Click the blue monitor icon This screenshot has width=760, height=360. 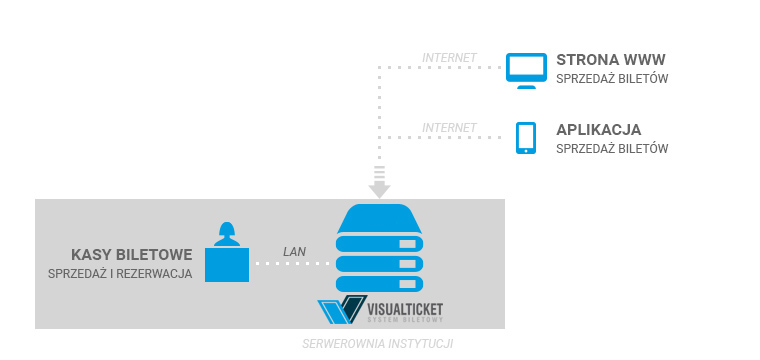point(524,68)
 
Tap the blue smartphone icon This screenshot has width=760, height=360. point(525,138)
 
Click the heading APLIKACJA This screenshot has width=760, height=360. point(598,129)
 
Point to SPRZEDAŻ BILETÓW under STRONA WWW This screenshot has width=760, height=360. point(611,78)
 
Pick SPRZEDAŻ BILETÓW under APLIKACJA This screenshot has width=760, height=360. point(611,149)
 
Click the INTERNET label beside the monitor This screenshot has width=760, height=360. point(449,57)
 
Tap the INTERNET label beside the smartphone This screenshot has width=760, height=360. point(449,128)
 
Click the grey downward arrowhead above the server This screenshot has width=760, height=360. point(380,188)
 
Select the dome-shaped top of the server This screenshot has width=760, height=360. point(380,217)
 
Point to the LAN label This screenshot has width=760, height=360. point(294,251)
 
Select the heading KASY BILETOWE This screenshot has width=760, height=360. point(131,254)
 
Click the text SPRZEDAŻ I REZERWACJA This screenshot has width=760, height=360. point(120,274)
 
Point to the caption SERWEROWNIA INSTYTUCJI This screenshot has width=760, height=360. point(378,343)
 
